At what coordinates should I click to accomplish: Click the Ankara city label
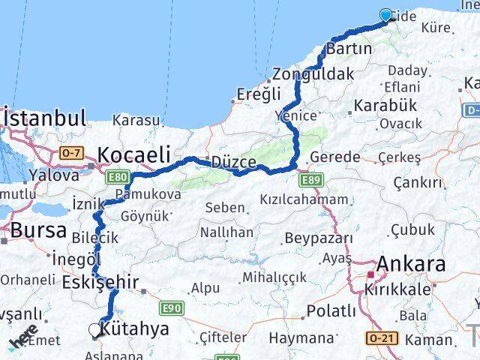(410, 264)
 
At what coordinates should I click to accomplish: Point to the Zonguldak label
(312, 74)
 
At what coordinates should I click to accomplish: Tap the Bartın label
(349, 49)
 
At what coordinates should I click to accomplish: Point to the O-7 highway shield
(70, 154)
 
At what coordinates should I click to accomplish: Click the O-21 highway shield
(378, 339)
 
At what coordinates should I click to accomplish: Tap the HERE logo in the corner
(22, 339)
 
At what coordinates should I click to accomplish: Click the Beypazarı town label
(318, 238)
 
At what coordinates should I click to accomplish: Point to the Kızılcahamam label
(304, 199)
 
